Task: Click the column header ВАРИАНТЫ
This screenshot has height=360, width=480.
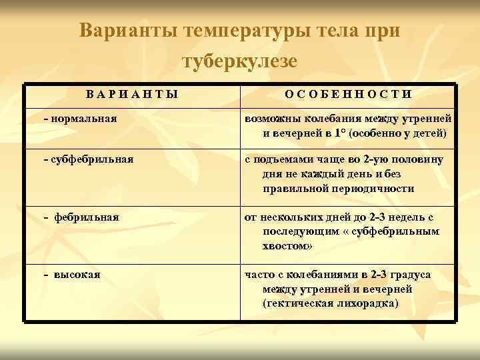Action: pos(133,95)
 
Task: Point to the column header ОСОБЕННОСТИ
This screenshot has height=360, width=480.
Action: pos(348,95)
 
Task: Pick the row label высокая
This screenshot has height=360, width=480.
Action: pos(77,274)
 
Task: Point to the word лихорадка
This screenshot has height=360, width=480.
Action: pos(368,303)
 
